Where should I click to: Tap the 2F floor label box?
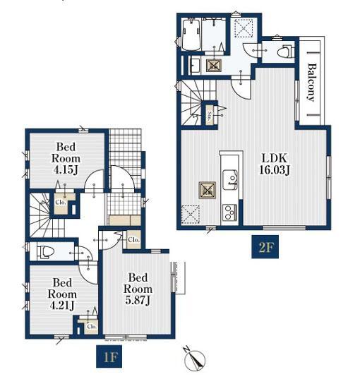pos(265,247)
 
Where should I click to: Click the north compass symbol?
pos(195,359)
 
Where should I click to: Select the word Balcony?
pos(311,82)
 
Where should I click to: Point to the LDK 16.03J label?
pos(275,164)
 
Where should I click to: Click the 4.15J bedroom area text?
pos(66,169)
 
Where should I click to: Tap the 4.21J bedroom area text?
pos(62,306)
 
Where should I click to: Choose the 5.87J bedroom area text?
pos(138,300)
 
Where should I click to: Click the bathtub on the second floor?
pos(191,35)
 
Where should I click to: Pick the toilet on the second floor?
pos(285,52)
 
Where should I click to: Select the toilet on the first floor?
pos(45,252)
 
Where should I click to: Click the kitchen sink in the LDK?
pos(230,179)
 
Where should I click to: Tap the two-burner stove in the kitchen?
pos(229,212)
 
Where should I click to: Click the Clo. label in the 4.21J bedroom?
pos(92,326)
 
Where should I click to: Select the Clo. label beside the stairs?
pos(61,203)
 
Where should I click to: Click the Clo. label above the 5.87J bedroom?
pos(133,240)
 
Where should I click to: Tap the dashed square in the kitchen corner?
pos(191,215)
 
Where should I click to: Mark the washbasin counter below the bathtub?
pos(196,65)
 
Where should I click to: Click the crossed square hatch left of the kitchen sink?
pos(208,191)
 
